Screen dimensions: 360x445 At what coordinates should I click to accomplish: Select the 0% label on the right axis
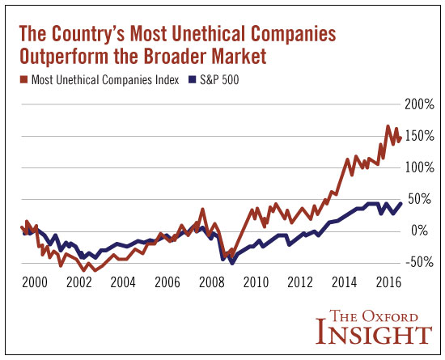tap(423, 231)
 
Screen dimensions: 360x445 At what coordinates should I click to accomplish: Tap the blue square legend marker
tap(193, 79)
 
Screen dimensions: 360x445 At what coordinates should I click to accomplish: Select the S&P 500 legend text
tap(221, 79)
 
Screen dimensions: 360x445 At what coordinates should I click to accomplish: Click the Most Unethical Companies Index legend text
tap(104, 79)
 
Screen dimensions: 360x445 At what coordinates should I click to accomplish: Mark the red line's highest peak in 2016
tap(388, 126)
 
